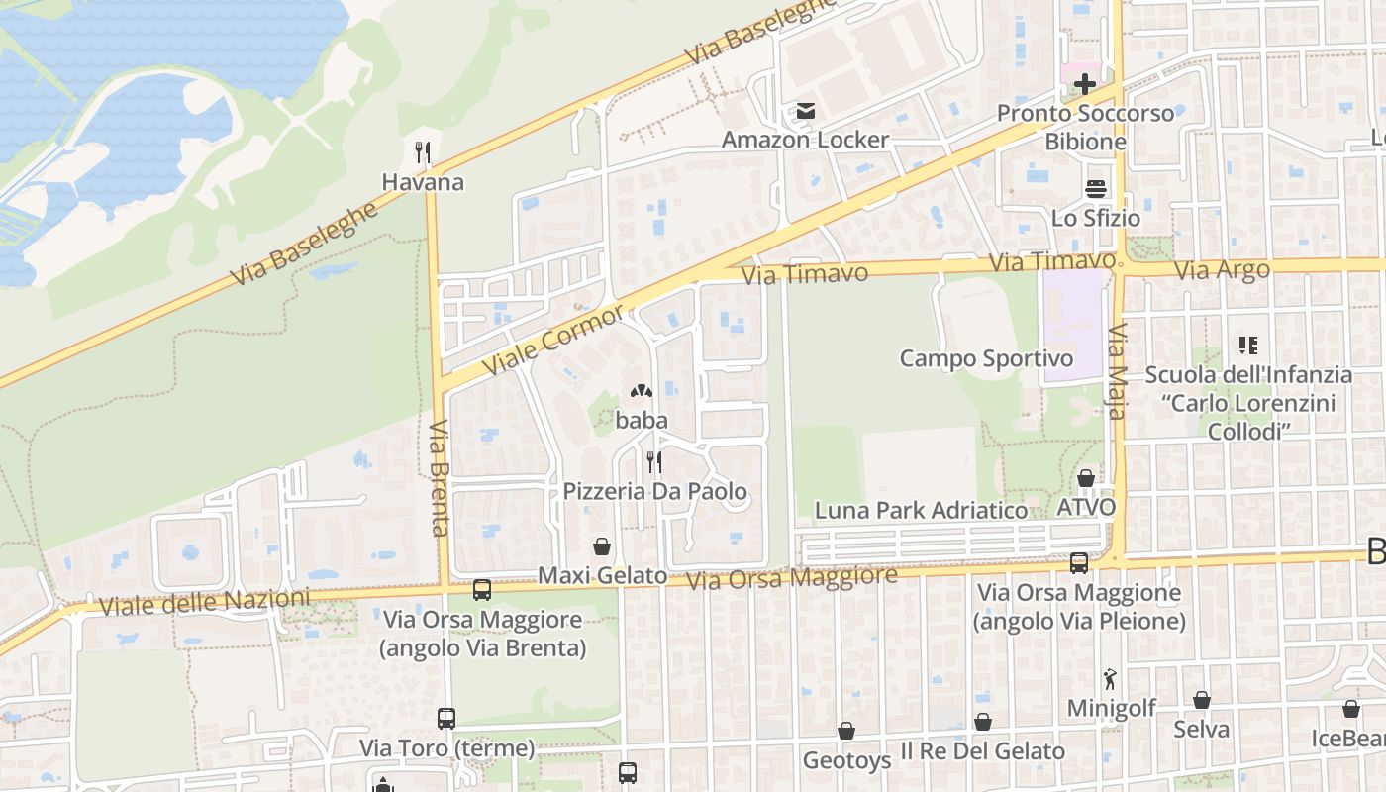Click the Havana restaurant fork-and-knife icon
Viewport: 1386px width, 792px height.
tap(423, 152)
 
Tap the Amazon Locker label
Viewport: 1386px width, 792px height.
tap(805, 140)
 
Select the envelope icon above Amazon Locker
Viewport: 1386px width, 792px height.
tap(806, 111)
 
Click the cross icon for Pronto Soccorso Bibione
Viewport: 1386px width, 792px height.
tap(1085, 84)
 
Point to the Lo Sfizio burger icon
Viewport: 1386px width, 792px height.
tap(1096, 188)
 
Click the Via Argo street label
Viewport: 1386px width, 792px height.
tap(1220, 270)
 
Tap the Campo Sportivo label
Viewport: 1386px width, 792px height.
tap(986, 358)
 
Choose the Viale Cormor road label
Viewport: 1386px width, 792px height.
tap(554, 341)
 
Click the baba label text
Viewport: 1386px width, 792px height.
tap(642, 420)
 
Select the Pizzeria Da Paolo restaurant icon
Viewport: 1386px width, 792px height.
tap(654, 461)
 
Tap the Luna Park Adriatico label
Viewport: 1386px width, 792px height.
tap(921, 510)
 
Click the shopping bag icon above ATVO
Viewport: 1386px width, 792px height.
tap(1086, 478)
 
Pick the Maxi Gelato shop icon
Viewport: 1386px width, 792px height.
tap(601, 546)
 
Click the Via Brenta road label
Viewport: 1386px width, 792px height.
tap(440, 477)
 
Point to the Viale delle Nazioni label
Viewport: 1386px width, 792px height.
tap(204, 602)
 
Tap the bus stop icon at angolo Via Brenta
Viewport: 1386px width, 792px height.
tap(482, 590)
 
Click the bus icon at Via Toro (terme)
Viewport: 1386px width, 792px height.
tap(446, 719)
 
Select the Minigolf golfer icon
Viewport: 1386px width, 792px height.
tap(1110, 680)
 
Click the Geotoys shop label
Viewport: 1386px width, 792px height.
tap(846, 760)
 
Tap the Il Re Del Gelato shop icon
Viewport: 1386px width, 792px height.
tap(983, 723)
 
